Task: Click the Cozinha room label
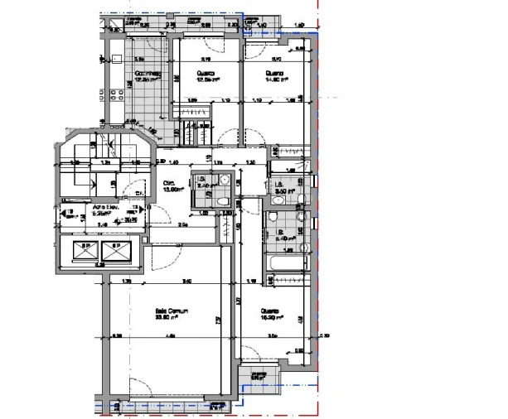[x=148, y=76]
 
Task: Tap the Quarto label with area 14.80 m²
[x=276, y=76]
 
